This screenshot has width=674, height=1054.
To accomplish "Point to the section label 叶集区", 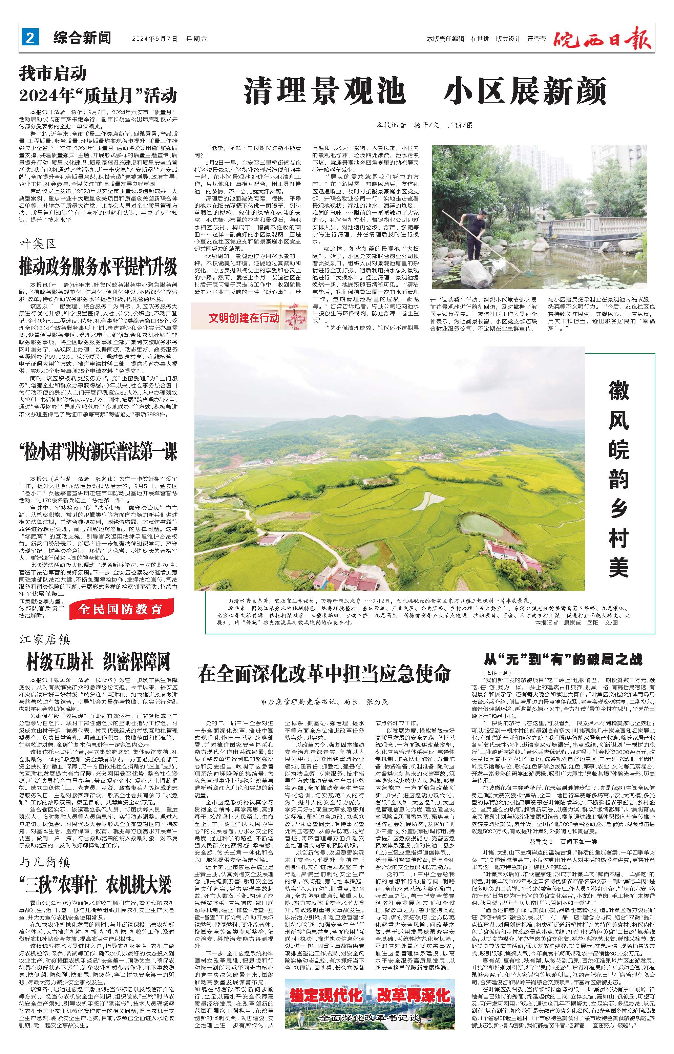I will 38,244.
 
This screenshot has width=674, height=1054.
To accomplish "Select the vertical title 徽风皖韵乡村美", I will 618,479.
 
